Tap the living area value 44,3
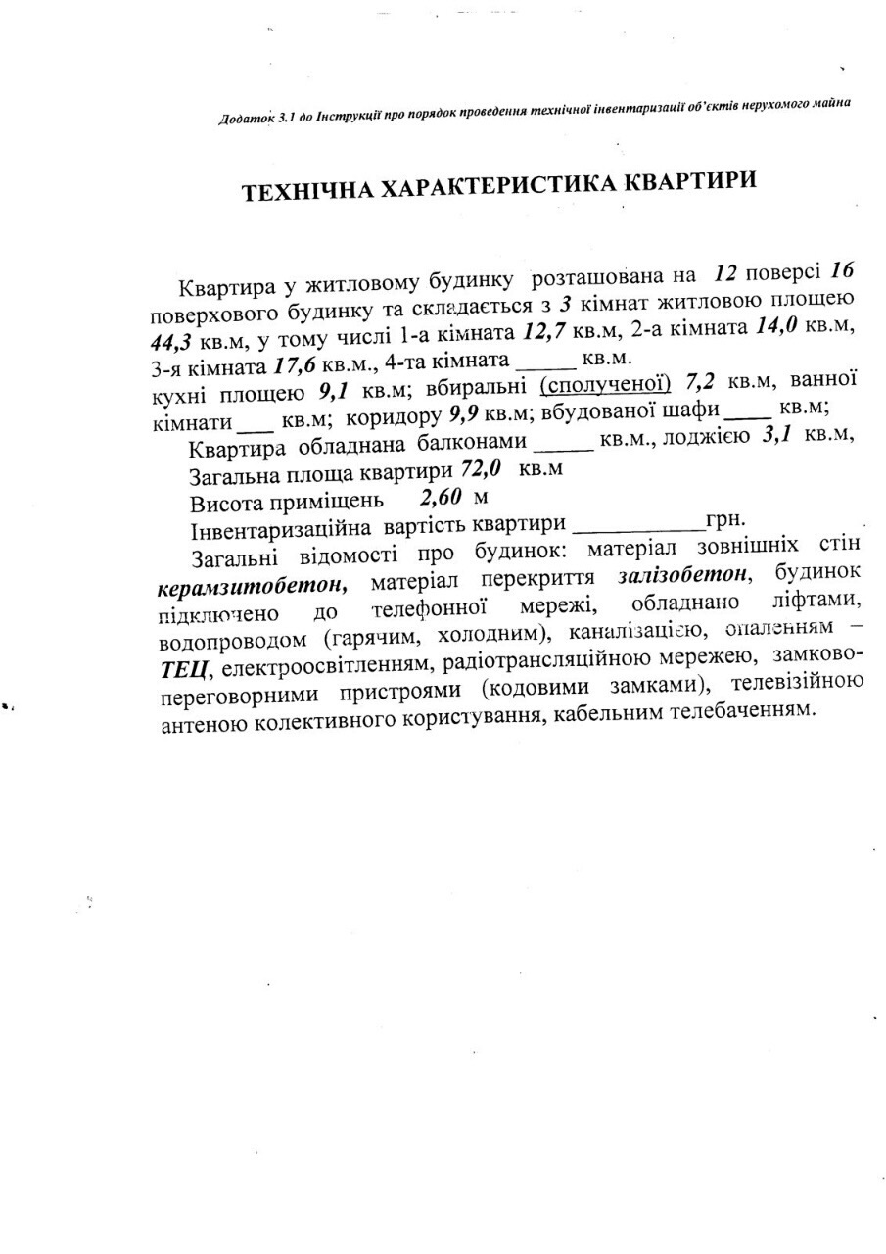tap(173, 342)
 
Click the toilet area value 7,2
tap(705, 381)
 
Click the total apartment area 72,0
tap(482, 470)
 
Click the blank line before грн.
tap(637, 526)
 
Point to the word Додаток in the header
tap(246, 120)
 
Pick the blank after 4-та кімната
tap(542, 364)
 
